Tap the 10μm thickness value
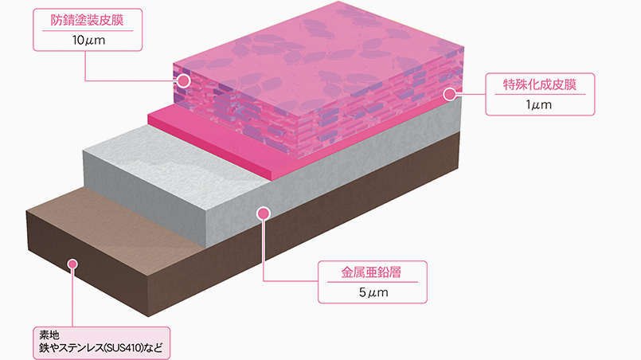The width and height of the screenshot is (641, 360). [x=82, y=41]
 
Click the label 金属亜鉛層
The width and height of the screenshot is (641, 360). [x=373, y=272]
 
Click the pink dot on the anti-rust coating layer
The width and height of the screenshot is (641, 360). [x=184, y=81]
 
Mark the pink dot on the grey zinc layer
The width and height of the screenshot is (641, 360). [x=264, y=213]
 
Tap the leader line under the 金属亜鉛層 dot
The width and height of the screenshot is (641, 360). [x=264, y=255]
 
